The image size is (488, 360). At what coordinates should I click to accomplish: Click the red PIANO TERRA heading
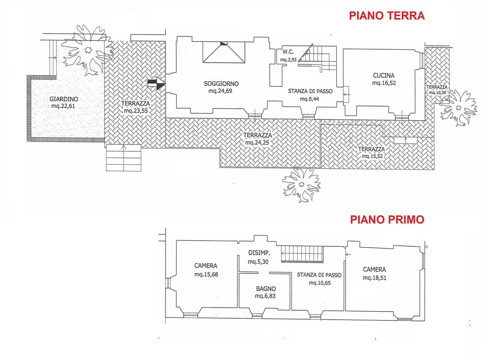(x=386, y=16)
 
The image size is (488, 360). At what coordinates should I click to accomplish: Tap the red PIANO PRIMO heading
(x=387, y=219)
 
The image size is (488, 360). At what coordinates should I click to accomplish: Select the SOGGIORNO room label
(x=221, y=83)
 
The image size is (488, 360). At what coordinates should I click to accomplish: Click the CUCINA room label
(x=384, y=75)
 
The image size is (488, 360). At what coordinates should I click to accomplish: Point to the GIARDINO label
(x=64, y=99)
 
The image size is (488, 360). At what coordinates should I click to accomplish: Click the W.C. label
(x=288, y=52)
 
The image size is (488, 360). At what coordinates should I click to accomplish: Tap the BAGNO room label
(x=266, y=289)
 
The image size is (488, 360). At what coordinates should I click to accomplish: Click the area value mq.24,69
(x=220, y=91)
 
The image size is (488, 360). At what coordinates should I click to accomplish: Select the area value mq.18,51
(x=374, y=278)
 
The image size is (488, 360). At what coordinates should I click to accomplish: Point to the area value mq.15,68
(x=206, y=274)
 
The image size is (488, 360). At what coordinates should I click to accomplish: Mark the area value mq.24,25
(x=257, y=143)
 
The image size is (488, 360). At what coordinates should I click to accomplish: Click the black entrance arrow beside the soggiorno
(x=157, y=83)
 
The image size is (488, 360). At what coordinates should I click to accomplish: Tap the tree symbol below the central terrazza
(x=301, y=184)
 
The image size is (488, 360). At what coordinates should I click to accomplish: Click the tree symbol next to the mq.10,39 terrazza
(x=458, y=108)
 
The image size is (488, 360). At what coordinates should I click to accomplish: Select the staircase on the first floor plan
(x=302, y=254)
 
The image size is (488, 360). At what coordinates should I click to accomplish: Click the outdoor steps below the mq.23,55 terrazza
(x=124, y=158)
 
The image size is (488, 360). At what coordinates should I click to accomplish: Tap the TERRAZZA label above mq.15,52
(x=371, y=149)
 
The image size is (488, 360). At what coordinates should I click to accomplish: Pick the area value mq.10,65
(x=319, y=283)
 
